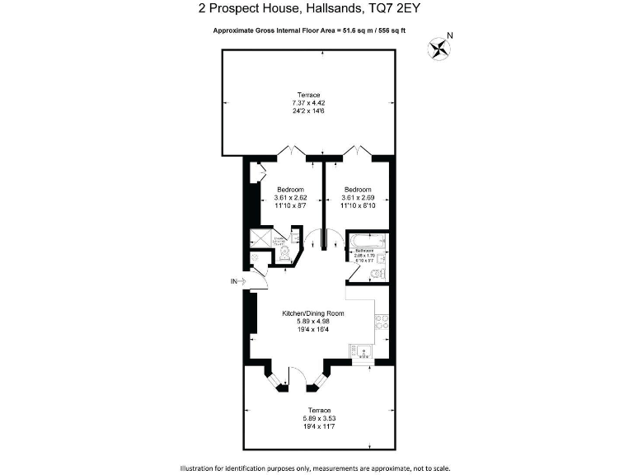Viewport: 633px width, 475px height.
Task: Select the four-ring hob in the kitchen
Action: coord(381,322)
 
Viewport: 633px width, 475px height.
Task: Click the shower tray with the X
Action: coord(262,239)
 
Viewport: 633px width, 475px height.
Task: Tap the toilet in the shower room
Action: coord(284,257)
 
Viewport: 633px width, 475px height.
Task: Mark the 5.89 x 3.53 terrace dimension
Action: coord(320,418)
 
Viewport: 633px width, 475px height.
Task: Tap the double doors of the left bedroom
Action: coord(292,151)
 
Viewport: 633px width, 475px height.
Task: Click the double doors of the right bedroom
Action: coord(359,151)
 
